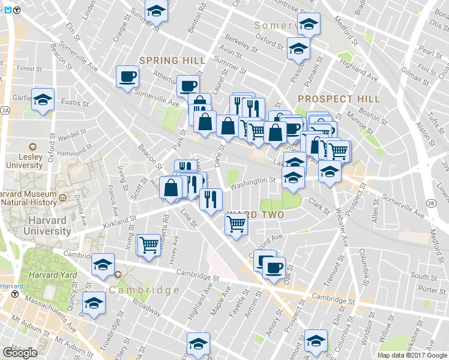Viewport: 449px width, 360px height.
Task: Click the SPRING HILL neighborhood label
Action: [173, 61]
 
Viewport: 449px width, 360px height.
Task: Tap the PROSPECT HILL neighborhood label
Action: [339, 98]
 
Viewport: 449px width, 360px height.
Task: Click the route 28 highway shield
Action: [431, 205]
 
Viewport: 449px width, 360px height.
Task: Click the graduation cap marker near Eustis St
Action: [43, 100]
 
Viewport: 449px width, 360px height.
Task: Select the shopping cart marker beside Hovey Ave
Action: [148, 245]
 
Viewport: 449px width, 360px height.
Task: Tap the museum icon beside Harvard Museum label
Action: [63, 196]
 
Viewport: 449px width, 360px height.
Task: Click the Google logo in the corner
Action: [19, 353]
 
